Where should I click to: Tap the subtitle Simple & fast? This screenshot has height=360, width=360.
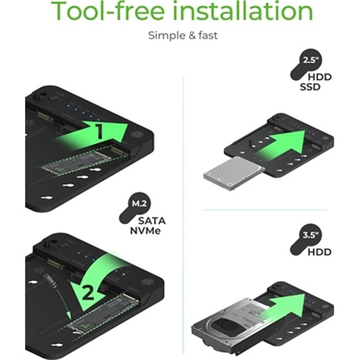(x=182, y=36)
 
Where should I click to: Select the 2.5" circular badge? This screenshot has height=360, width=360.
(x=309, y=61)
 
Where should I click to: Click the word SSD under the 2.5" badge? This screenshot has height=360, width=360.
(x=310, y=87)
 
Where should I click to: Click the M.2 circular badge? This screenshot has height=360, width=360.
(x=139, y=204)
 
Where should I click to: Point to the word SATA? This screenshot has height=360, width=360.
(x=152, y=221)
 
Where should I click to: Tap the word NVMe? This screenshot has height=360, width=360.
(x=145, y=231)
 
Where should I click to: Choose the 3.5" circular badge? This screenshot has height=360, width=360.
(x=309, y=236)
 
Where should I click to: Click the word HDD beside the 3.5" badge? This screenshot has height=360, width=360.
(x=320, y=252)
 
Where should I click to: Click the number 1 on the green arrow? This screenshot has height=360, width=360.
(x=99, y=131)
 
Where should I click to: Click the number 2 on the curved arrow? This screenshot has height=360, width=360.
(x=88, y=292)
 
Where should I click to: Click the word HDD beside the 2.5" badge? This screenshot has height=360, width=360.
(x=320, y=77)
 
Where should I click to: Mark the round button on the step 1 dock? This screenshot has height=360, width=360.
(x=52, y=98)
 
